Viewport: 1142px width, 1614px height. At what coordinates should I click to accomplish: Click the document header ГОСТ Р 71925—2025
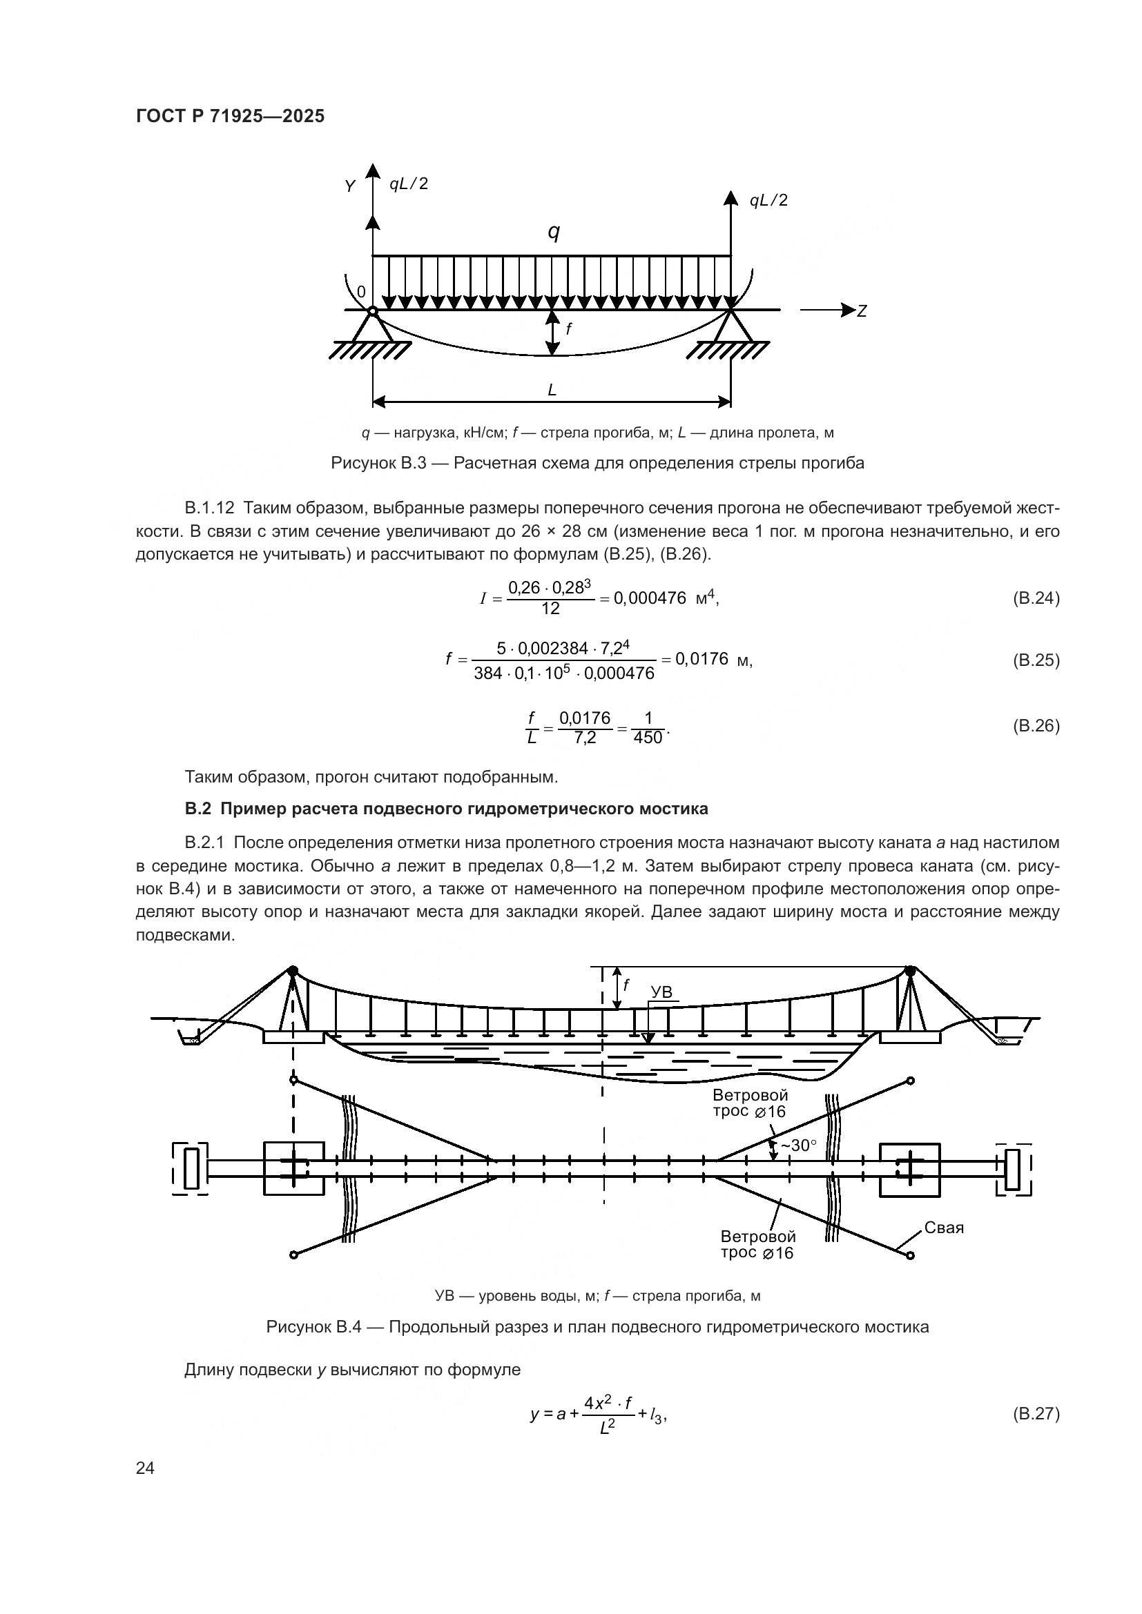(x=230, y=117)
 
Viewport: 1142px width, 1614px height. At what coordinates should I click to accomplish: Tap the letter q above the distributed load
(x=554, y=232)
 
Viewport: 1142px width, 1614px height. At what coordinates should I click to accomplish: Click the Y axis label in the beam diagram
(x=350, y=186)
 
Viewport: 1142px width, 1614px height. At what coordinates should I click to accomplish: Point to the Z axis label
(x=862, y=311)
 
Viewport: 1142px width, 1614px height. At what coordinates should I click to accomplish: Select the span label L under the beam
(x=552, y=390)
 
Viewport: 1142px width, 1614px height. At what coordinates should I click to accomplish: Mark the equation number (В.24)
(x=1036, y=598)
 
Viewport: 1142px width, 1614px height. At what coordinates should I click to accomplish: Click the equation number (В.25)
(x=1036, y=660)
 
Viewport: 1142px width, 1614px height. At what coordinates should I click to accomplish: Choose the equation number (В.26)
(x=1036, y=725)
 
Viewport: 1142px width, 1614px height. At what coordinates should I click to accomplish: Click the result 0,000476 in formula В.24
(x=650, y=598)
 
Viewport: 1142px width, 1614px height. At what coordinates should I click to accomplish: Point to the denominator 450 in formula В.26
(x=648, y=738)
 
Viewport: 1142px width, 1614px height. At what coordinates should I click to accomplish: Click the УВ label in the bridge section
(x=661, y=992)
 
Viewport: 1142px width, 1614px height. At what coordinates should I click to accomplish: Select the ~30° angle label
(x=800, y=1146)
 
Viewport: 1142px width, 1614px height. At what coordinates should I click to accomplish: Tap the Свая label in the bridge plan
(x=944, y=1228)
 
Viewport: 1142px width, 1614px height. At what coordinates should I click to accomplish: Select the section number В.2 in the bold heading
(x=197, y=809)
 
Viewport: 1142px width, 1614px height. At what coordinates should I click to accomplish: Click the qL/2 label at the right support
(x=768, y=201)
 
